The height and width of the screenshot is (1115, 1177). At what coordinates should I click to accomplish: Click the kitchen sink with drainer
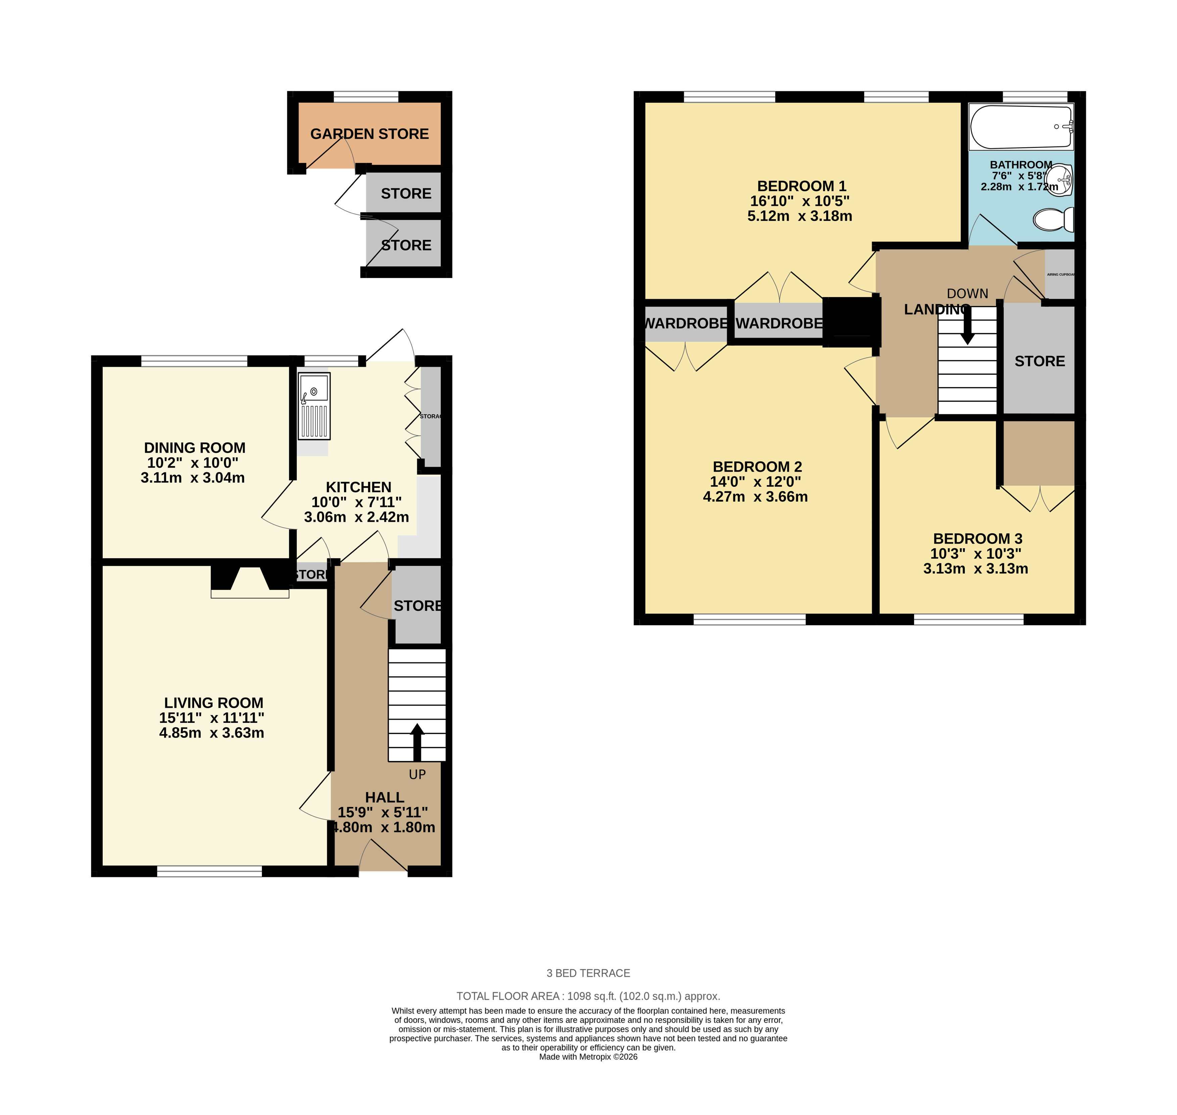(x=314, y=406)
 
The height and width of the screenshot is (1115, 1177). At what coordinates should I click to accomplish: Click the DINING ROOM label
(x=194, y=448)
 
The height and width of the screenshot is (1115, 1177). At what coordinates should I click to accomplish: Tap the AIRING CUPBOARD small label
(x=1061, y=275)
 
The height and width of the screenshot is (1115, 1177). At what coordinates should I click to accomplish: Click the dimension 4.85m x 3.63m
(x=211, y=733)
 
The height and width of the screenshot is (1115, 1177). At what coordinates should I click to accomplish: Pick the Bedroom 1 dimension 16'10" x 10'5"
(x=799, y=201)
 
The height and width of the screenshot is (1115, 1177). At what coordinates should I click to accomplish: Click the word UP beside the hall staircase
(x=417, y=775)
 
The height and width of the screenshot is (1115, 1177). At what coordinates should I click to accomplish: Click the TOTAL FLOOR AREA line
(x=588, y=996)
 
